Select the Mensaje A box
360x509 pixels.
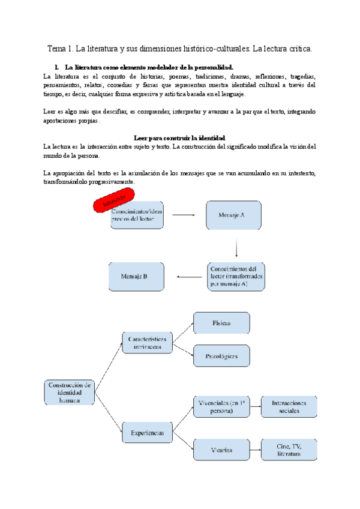[233, 214]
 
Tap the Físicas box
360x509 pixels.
[221, 323]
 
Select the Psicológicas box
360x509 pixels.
[221, 357]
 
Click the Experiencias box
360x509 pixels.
[147, 432]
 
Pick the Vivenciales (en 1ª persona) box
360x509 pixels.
[221, 407]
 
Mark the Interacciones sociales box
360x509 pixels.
[289, 407]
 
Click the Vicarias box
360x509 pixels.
[221, 450]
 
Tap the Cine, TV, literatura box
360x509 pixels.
[289, 450]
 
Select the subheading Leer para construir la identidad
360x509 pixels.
[179, 137]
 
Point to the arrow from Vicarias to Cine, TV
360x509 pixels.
[255, 450]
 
